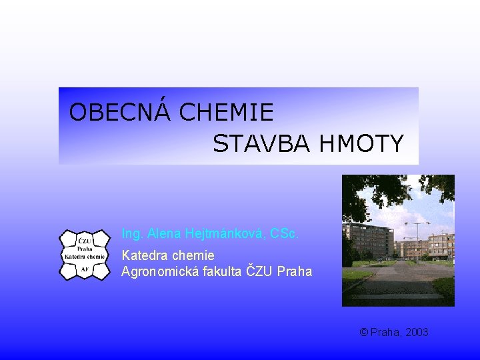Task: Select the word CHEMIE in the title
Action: pos(226,112)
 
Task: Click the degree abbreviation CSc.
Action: pos(285,234)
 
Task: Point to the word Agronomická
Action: pos(160,271)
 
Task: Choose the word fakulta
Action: pos(223,271)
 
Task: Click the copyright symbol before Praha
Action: pos(363,332)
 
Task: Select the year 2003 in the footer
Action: pos(416,332)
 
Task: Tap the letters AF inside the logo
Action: pos(85,269)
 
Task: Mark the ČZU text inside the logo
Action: pos(85,241)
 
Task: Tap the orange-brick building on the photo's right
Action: pos(441,247)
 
